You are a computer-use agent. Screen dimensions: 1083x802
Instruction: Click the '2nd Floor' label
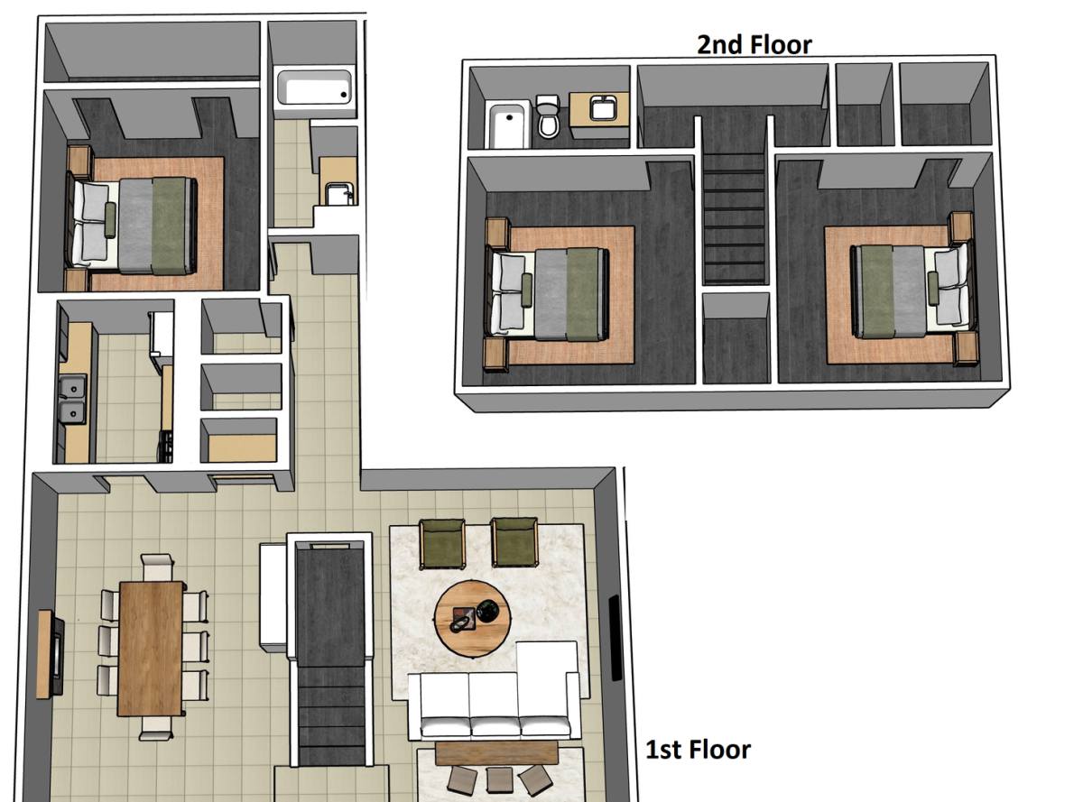[754, 45]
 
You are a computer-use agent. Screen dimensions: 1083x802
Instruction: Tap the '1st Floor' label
[698, 750]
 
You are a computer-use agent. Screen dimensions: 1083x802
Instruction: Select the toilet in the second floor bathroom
[549, 115]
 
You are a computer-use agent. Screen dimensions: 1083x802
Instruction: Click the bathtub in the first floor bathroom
[314, 88]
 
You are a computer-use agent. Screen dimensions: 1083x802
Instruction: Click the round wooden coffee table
[473, 619]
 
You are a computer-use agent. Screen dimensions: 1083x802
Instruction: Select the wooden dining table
[151, 649]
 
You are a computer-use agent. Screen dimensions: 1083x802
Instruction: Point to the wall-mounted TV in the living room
[616, 638]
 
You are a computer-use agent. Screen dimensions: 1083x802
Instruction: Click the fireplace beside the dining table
[51, 654]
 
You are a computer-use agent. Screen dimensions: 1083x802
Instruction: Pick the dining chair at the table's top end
[156, 567]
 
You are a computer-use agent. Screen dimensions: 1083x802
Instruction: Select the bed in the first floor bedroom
[132, 226]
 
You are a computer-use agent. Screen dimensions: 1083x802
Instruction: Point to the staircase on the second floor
[734, 217]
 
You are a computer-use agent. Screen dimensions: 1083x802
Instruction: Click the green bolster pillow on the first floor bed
[110, 219]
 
